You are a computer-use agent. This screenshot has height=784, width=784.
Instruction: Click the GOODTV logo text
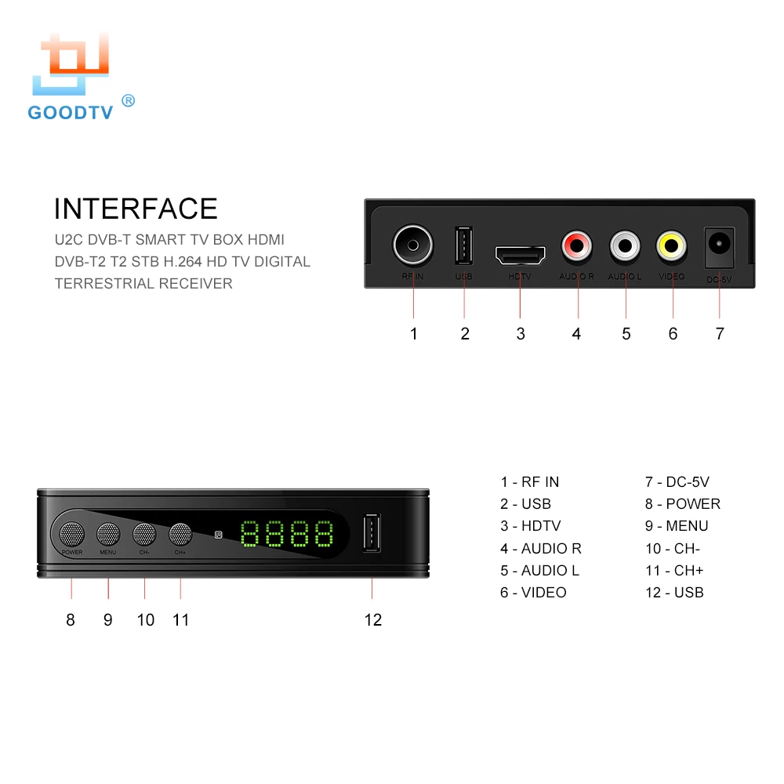71,112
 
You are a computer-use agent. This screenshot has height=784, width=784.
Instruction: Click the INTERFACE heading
136,209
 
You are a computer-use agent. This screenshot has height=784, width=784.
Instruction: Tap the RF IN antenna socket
413,245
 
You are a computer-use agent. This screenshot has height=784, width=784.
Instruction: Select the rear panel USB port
463,246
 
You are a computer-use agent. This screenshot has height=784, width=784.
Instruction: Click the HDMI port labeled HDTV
520,255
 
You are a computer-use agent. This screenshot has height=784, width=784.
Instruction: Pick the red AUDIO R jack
577,246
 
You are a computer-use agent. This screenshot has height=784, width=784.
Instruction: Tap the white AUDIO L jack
626,246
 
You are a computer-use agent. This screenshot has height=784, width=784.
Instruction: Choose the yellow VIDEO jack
672,246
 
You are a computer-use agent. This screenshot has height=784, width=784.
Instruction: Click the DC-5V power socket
720,245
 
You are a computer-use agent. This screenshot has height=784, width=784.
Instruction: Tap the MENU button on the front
108,535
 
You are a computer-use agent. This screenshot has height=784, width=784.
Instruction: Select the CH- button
145,535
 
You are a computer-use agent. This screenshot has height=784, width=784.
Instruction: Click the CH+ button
180,535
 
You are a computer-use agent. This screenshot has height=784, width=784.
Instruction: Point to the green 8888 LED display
286,535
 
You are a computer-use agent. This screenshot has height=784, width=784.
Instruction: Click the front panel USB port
372,535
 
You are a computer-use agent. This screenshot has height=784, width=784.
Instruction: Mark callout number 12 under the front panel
373,620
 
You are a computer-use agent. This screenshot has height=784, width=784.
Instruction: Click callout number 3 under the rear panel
521,334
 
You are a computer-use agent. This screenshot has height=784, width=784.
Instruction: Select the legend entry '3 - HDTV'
531,526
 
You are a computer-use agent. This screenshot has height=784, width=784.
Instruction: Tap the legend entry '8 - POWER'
682,504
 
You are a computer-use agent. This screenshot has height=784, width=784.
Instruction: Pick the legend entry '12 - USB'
674,593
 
